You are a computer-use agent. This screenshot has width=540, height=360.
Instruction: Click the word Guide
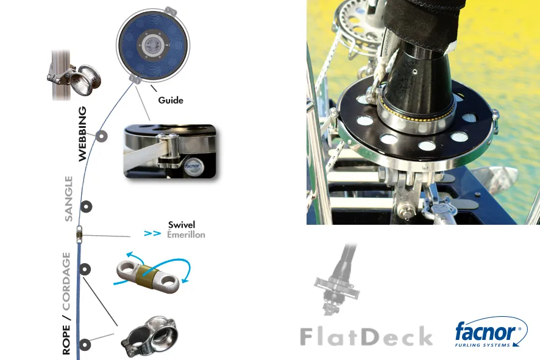(x=171, y=100)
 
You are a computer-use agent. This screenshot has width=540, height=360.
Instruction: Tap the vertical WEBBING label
(x=82, y=134)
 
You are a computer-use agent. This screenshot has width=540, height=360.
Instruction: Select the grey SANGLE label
(x=69, y=199)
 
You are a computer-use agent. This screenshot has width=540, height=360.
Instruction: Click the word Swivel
(x=182, y=225)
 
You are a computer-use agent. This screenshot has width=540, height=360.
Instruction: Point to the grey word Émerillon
(x=186, y=235)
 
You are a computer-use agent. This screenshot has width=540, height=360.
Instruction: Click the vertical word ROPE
(x=66, y=340)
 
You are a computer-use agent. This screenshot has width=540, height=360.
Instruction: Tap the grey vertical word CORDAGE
(x=66, y=281)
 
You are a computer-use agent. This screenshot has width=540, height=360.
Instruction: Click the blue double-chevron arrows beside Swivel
(x=152, y=233)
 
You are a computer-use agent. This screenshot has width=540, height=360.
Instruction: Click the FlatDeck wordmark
(x=366, y=336)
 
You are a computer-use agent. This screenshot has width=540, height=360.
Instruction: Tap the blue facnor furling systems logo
(x=491, y=332)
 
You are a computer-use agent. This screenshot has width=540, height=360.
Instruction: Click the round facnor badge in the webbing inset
(x=192, y=166)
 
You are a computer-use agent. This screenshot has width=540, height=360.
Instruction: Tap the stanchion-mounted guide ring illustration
(x=74, y=76)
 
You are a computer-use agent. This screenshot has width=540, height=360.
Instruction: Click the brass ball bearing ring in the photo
(x=414, y=113)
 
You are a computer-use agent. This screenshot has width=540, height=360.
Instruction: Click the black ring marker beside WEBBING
(x=101, y=136)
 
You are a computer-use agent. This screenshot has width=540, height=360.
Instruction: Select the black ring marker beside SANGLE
(x=86, y=206)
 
